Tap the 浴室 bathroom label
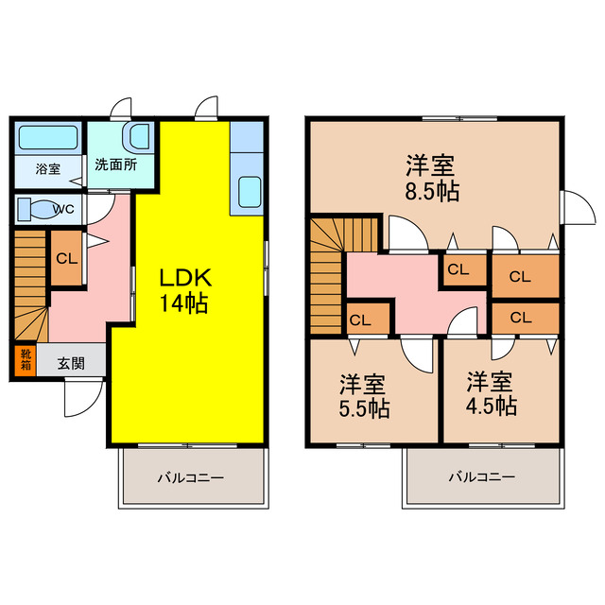click(47, 170)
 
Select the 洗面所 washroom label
click(114, 163)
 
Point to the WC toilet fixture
click(38, 208)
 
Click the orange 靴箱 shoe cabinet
click(24, 360)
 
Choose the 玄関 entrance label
click(70, 361)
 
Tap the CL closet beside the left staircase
click(65, 258)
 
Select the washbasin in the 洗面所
click(139, 137)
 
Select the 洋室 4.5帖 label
click(491, 394)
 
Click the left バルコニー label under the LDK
click(190, 478)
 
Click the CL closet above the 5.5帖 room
click(367, 320)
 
